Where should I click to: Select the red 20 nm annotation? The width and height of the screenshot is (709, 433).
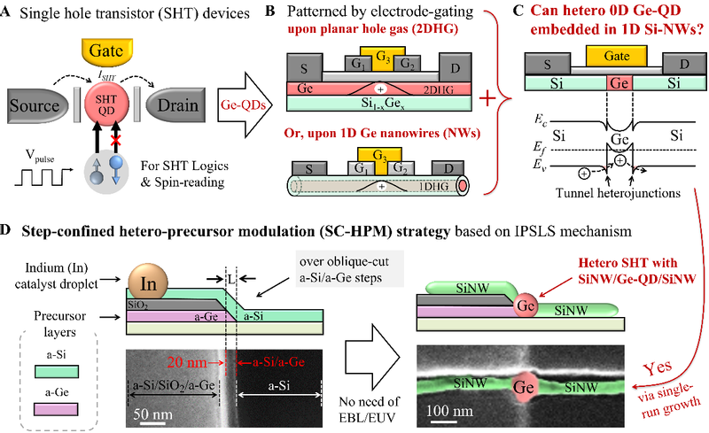pos(206,360)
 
